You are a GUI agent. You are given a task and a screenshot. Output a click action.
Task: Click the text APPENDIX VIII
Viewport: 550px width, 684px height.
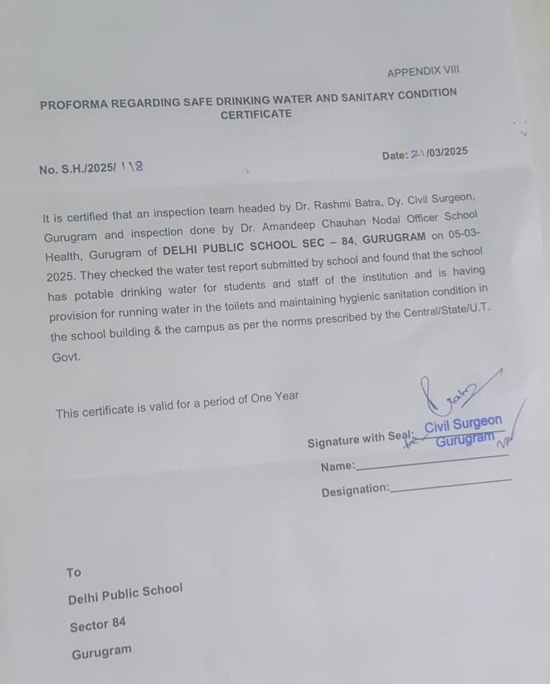tap(423, 72)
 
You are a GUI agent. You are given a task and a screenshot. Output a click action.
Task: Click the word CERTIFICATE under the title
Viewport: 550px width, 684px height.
tap(256, 114)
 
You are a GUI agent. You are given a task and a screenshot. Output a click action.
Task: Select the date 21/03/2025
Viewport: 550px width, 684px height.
tap(439, 153)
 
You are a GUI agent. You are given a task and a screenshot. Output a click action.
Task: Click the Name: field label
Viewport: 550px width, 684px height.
tap(338, 466)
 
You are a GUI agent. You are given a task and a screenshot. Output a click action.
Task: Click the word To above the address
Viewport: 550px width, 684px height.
tap(73, 573)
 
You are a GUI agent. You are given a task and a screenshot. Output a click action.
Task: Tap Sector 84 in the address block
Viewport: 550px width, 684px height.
tap(98, 625)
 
